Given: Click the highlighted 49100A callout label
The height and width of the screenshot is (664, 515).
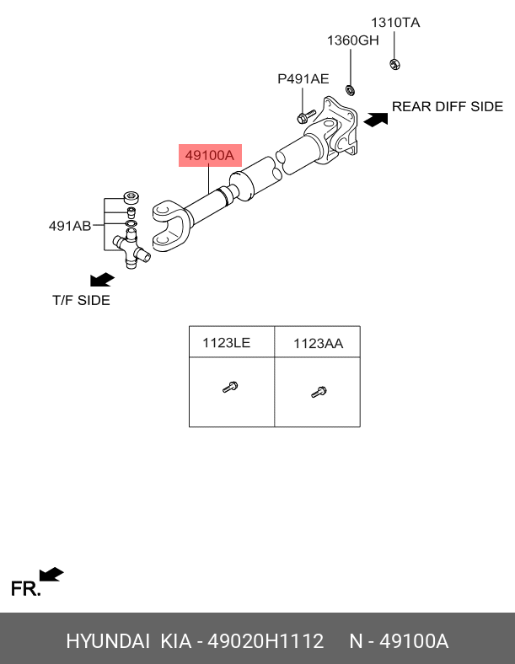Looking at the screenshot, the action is click(x=210, y=155).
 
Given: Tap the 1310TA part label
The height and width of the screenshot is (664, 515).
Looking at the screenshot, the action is click(x=395, y=23).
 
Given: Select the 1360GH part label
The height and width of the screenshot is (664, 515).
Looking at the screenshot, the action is click(x=353, y=40).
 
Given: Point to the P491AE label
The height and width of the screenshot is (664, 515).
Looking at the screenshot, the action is click(x=303, y=78).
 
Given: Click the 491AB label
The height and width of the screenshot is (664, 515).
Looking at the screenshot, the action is click(x=70, y=226).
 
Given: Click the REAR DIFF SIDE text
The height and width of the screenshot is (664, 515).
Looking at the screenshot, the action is click(x=448, y=106).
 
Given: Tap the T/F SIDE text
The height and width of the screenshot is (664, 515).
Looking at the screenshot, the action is click(x=81, y=300).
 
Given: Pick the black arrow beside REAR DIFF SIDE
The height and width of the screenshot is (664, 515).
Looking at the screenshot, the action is click(x=376, y=120).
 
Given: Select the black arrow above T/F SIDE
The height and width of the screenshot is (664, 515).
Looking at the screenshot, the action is click(x=102, y=280).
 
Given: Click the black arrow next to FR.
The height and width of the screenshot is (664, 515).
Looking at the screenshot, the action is click(x=51, y=575).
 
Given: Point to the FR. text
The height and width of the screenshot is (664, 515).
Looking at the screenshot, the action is click(x=26, y=589).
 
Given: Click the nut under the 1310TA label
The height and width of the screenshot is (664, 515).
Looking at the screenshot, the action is click(x=394, y=64).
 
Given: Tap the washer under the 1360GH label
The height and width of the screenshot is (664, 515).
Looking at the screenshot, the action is click(x=351, y=90).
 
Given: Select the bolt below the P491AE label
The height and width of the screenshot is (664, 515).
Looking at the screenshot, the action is click(x=306, y=116).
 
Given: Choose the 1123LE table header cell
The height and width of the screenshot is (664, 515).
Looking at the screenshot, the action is click(x=232, y=342).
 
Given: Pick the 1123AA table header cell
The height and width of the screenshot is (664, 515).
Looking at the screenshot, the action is click(x=318, y=342).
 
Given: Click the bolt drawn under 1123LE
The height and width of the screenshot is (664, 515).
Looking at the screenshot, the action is click(x=230, y=387).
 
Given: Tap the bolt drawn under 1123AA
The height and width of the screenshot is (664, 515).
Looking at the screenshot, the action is click(x=319, y=392).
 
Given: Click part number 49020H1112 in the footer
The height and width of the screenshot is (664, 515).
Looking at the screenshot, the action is click(x=266, y=641).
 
